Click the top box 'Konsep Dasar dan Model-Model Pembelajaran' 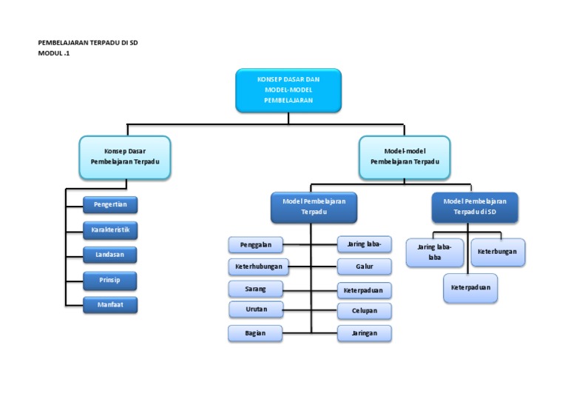(x=289, y=90)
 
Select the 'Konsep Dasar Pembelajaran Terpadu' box (x=125, y=156)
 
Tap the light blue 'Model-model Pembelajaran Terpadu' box (x=405, y=156)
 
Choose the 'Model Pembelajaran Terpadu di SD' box (x=475, y=207)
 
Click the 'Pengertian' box (x=110, y=205)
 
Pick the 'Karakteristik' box (x=110, y=230)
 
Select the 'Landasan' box (x=110, y=255)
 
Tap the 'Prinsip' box (x=110, y=280)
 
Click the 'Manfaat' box (x=110, y=304)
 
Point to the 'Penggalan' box (x=256, y=244)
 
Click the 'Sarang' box (x=256, y=289)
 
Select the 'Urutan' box (x=256, y=309)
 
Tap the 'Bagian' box (x=256, y=333)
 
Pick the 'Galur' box (x=365, y=267)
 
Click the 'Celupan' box (x=365, y=311)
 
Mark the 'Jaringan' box (x=365, y=333)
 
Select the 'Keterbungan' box (x=498, y=252)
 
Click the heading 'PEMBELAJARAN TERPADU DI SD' (x=88, y=43)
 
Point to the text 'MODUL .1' (x=54, y=53)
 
